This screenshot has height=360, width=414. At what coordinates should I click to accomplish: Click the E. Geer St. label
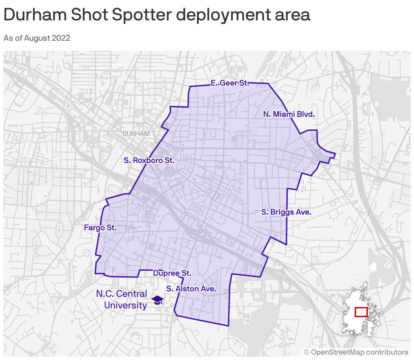pyautogui.click(x=230, y=83)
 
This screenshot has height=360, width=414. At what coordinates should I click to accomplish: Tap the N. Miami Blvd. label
pyautogui.click(x=289, y=114)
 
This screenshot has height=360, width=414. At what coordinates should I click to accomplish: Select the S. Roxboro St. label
pyautogui.click(x=149, y=160)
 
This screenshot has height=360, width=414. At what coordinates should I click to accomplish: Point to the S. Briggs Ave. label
pyautogui.click(x=286, y=212)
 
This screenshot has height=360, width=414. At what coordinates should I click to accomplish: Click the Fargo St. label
pyautogui.click(x=100, y=228)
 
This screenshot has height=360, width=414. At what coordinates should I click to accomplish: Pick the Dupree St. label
pyautogui.click(x=172, y=273)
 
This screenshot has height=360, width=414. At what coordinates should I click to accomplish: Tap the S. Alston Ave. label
pyautogui.click(x=191, y=289)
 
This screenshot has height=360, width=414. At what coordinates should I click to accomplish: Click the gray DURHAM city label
pyautogui.click(x=136, y=134)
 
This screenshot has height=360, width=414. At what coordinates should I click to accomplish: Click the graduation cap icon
pyautogui.click(x=157, y=300)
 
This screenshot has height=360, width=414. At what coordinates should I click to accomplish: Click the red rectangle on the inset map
pyautogui.click(x=361, y=312)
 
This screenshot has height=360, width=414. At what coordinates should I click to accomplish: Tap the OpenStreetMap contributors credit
pyautogui.click(x=356, y=352)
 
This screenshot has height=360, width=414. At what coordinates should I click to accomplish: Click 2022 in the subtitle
pyautogui.click(x=61, y=38)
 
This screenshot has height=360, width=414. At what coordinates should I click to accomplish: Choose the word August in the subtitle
pyautogui.click(x=37, y=38)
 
